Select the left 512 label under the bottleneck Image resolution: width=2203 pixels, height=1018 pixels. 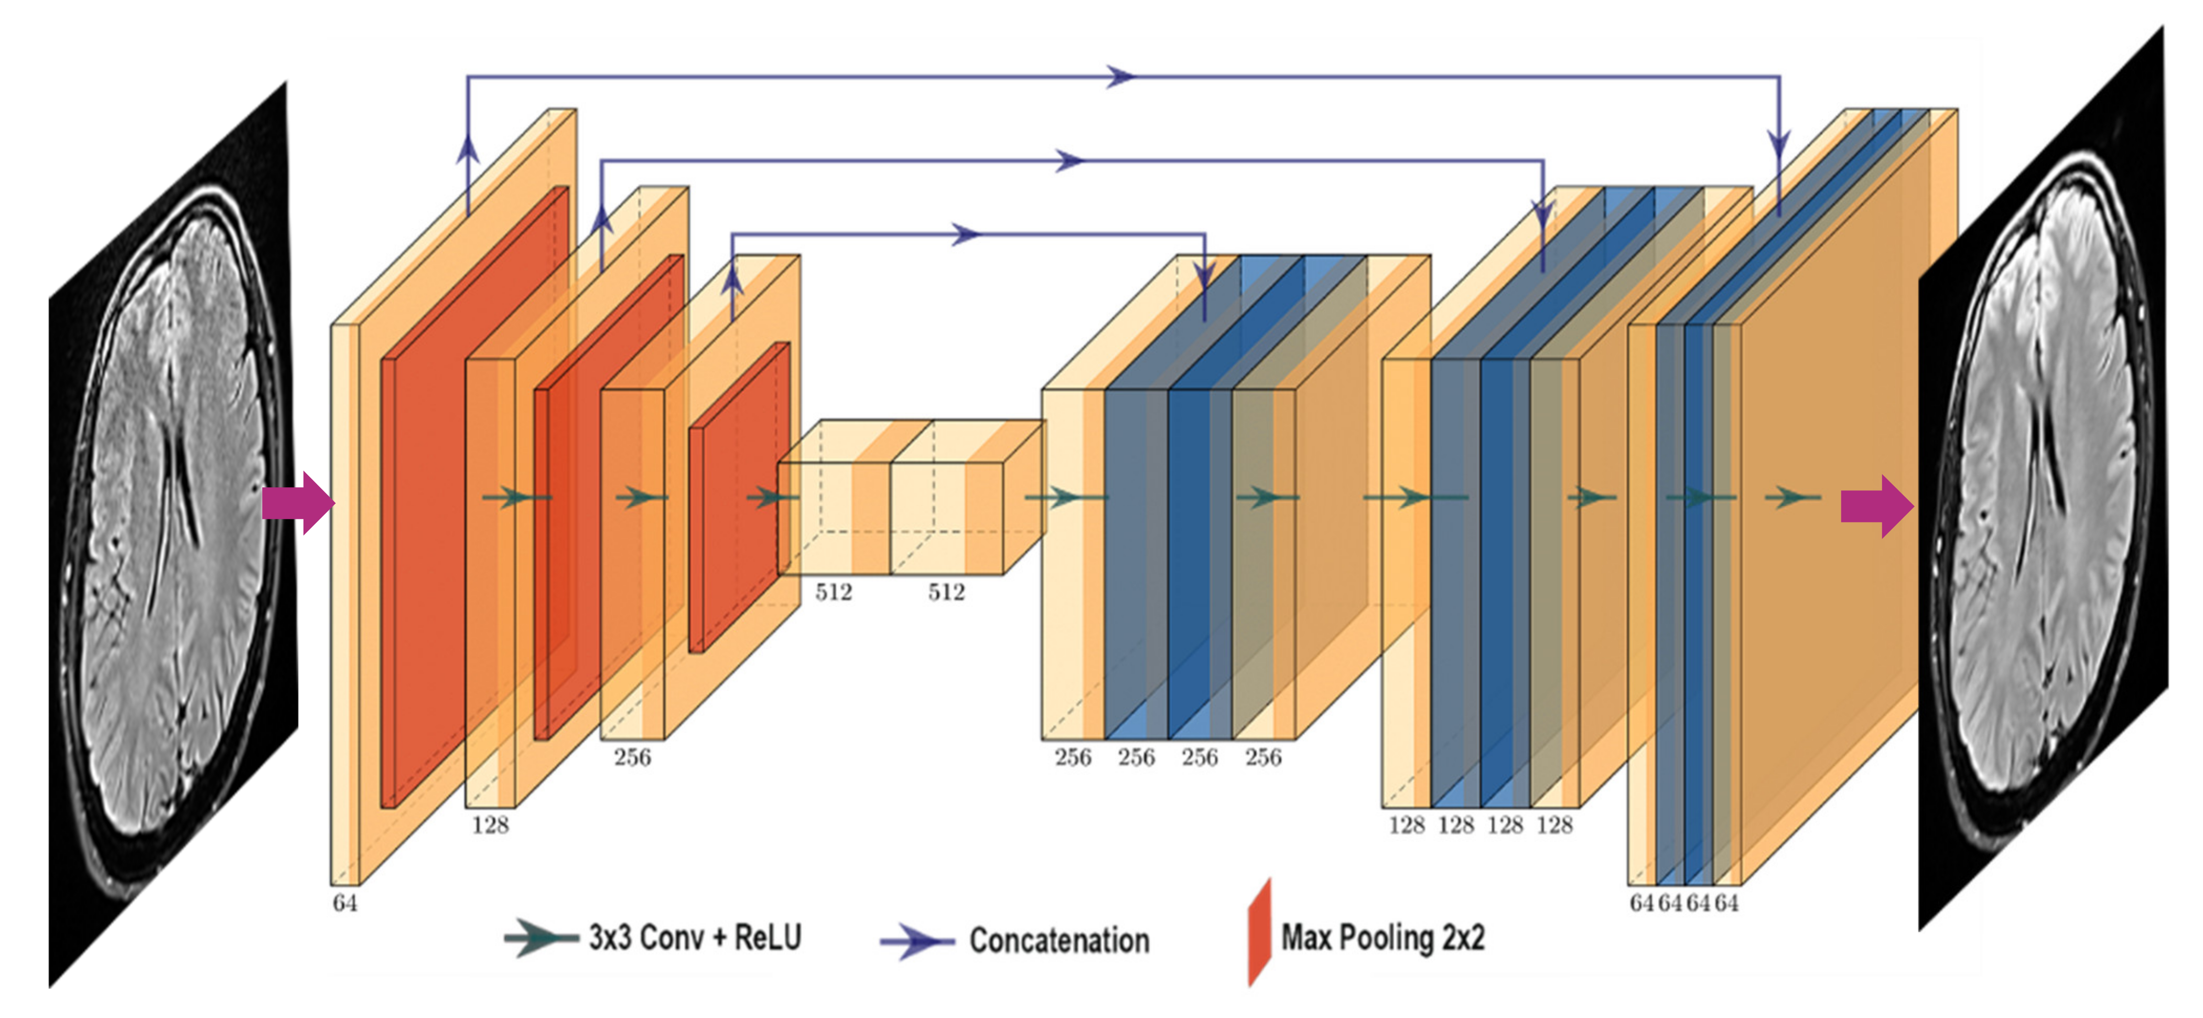pos(833,592)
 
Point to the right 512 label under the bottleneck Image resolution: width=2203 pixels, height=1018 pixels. pos(946,592)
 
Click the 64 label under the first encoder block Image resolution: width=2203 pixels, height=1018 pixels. pos(344,903)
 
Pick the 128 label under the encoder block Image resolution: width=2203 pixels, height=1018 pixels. pos(490,824)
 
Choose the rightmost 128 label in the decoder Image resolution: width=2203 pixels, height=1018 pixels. pos(1554,824)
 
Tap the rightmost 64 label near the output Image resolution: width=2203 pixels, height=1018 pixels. pos(1726,903)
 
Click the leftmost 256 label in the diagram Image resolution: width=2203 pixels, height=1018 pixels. pos(632,757)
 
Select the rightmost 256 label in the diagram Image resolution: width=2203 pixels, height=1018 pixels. pos(1263,757)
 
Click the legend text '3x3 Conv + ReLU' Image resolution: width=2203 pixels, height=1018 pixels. pos(695,938)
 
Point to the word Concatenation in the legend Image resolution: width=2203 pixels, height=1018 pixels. pos(1059,940)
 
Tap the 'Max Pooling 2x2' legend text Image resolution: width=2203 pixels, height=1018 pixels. pos(1382,938)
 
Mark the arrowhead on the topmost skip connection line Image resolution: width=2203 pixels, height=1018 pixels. pos(1120,77)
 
